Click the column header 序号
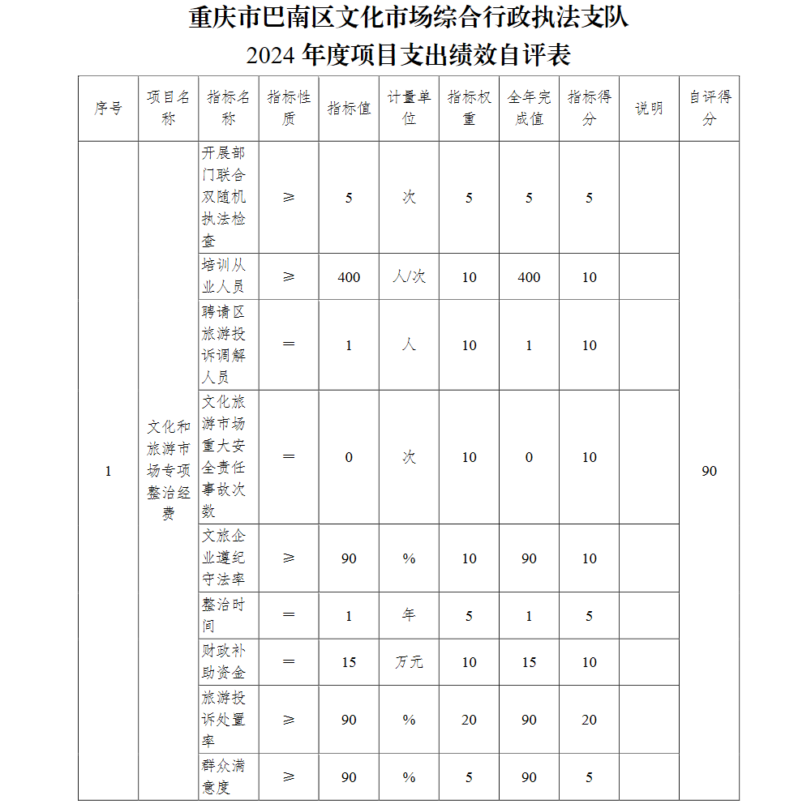pos(108,109)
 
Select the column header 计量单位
pos(409,109)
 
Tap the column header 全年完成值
pos(529,109)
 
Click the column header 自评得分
pos(710,109)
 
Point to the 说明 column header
pos(649,109)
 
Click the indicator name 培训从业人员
pos(224,276)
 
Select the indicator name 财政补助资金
pos(224,662)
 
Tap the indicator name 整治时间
pos(224,615)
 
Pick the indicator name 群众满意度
pos(224,776)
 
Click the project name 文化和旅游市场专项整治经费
pos(168,470)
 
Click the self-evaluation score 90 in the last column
pos(710,471)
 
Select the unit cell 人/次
pos(409,277)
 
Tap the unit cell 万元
pos(409,662)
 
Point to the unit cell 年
pos(409,615)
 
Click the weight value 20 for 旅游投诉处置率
pos(469,720)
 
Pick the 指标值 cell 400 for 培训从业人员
pos(349,277)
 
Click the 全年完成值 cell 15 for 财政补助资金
pos(529,662)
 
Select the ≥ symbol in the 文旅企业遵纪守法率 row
pos(289,558)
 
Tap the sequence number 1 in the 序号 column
pos(108,471)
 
